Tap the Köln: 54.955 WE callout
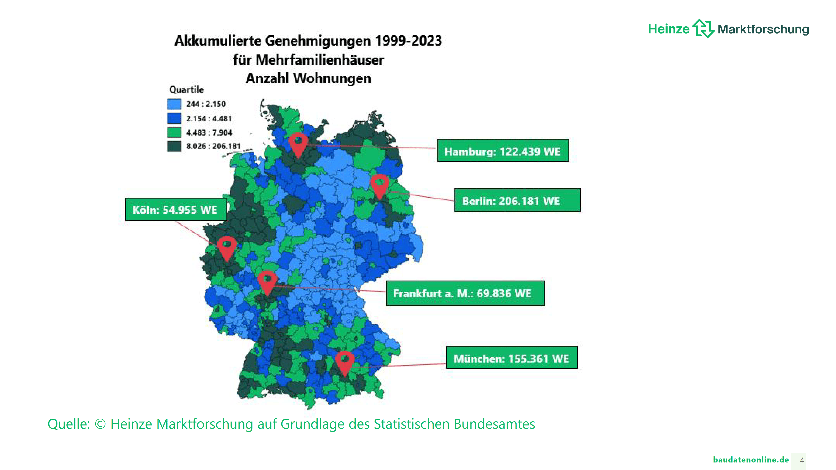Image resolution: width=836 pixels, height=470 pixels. [x=176, y=209]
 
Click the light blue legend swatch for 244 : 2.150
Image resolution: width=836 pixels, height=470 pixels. [x=174, y=104]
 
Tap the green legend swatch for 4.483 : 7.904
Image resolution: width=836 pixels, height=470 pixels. [x=174, y=132]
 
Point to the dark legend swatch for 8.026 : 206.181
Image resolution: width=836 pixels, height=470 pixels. [x=174, y=146]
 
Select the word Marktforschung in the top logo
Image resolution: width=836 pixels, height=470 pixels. [x=763, y=29]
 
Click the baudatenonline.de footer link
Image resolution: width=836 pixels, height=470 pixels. [x=751, y=460]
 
